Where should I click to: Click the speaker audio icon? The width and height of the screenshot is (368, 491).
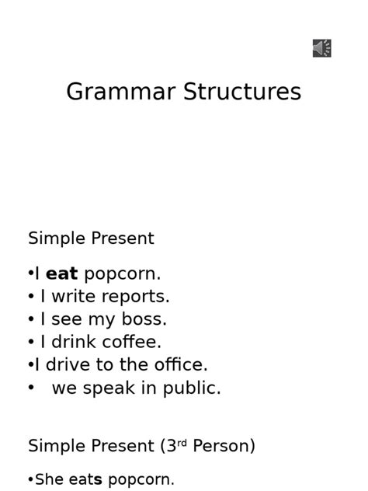pyautogui.click(x=322, y=49)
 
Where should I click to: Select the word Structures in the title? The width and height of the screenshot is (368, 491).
pyautogui.click(x=242, y=92)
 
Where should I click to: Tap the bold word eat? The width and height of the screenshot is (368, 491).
pyautogui.click(x=62, y=273)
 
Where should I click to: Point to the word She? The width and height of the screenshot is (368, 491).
pyautogui.click(x=49, y=479)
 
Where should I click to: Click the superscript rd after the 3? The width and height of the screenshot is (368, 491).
pyautogui.click(x=182, y=443)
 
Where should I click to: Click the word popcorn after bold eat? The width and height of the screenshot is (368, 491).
pyautogui.click(x=122, y=274)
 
